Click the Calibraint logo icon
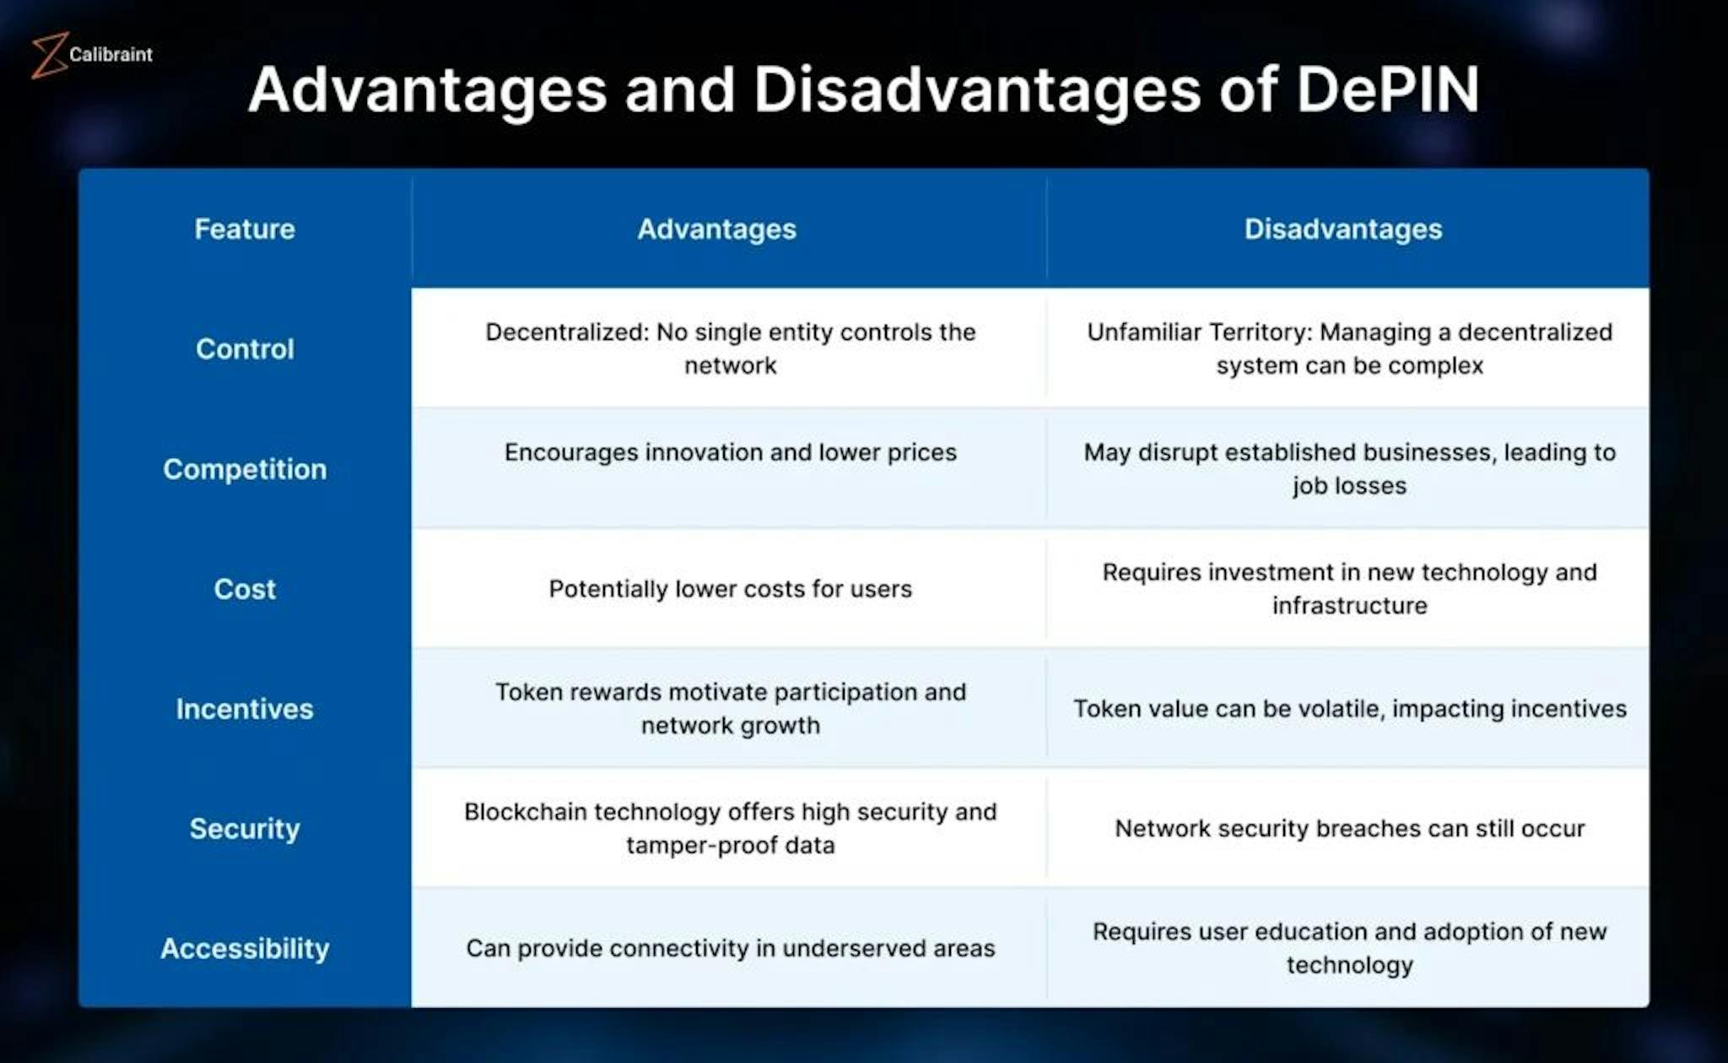tap(49, 56)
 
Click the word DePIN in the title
tap(1388, 89)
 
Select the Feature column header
tap(245, 229)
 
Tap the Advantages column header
tap(716, 229)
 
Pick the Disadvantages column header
tap(1343, 229)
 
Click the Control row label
tap(245, 348)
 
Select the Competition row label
tap(245, 469)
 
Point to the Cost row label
tap(245, 589)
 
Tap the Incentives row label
tap(245, 709)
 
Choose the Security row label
tap(245, 828)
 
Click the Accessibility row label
tap(245, 948)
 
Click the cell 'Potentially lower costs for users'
tap(731, 589)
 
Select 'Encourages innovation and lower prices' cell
tap(731, 452)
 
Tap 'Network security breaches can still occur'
tap(1350, 828)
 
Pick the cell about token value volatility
tap(1350, 709)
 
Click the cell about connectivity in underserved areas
tap(731, 948)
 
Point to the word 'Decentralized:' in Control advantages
tap(567, 332)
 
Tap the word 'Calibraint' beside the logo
tap(111, 54)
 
